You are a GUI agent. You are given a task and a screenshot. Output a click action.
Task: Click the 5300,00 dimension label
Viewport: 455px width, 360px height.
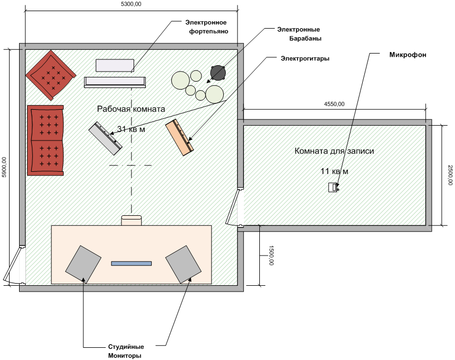[x=130, y=4]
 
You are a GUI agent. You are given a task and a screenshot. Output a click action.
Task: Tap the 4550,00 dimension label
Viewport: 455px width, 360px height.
[x=334, y=104]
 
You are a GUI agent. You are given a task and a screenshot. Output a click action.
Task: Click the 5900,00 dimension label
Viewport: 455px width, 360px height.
[x=4, y=167]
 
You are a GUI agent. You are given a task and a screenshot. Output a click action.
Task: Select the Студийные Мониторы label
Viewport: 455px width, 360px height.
[x=122, y=351]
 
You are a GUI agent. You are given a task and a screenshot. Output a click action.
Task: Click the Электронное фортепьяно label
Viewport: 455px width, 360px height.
[x=206, y=27]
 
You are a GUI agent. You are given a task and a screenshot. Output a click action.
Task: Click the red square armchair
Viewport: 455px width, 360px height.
[x=50, y=75]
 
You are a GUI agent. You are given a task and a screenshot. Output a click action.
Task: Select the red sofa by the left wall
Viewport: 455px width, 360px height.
[x=46, y=140]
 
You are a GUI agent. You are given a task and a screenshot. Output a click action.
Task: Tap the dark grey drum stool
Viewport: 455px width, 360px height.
[x=218, y=72]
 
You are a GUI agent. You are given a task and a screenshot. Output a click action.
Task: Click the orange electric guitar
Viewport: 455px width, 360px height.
[x=179, y=137]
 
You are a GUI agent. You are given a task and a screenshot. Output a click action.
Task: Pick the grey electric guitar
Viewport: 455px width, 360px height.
[x=105, y=138]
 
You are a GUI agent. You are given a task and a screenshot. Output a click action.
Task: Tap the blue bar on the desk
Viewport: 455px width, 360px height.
[x=132, y=263]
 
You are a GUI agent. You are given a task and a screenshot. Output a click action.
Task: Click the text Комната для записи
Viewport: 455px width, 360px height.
[x=334, y=151]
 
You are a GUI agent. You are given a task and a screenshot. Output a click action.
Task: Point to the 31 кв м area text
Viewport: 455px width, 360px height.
[x=130, y=129]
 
